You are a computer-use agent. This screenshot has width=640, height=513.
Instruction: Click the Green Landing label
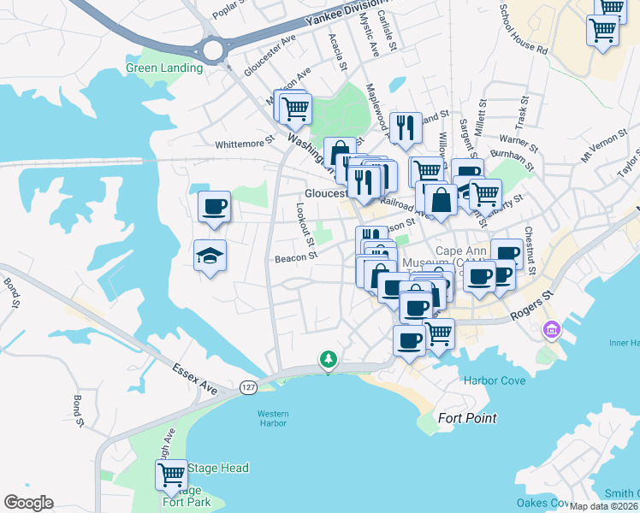click(164, 68)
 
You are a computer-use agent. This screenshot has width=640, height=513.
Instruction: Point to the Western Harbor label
click(273, 419)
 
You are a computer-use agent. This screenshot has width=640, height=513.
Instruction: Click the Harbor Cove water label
click(494, 380)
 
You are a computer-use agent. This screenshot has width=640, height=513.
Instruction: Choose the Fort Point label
click(467, 419)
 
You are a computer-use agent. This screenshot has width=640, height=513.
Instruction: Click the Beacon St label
click(296, 256)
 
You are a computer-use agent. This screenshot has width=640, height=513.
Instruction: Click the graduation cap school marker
click(210, 256)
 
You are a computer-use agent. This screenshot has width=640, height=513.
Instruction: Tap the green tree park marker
click(327, 359)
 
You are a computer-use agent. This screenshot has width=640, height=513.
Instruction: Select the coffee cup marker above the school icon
click(214, 206)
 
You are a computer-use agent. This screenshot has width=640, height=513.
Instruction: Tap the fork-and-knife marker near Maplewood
click(406, 128)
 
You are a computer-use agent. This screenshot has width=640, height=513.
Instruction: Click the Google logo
click(28, 503)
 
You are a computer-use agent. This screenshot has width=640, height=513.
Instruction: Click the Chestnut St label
click(530, 251)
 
